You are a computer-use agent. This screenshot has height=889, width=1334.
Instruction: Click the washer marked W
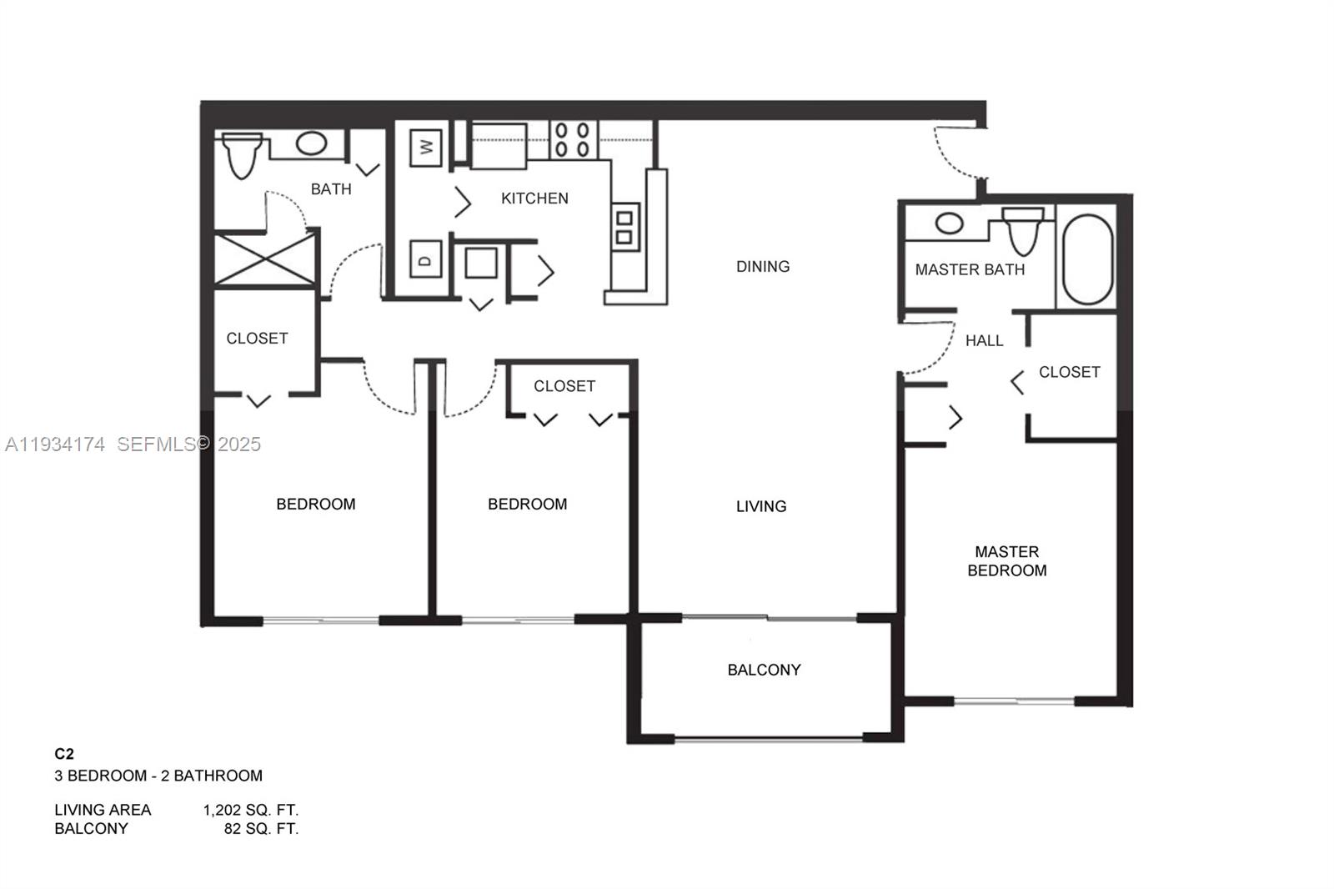point(426,148)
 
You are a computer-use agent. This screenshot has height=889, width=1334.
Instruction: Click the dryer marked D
point(426,260)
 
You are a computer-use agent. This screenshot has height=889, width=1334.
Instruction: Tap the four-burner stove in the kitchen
point(572,140)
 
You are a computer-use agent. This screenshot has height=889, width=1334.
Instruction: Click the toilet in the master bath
point(1023,231)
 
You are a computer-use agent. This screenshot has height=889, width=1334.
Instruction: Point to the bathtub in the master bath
point(1087,259)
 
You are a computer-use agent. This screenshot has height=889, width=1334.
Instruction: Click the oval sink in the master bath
point(949,223)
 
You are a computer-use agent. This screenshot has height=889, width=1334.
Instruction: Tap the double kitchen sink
point(624,227)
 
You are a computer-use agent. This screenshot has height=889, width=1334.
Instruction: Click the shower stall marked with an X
point(265,260)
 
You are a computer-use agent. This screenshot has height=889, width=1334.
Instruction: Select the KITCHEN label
point(534,198)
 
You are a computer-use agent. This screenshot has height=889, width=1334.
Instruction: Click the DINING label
point(762,267)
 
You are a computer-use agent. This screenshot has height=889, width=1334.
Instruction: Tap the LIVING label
point(760,506)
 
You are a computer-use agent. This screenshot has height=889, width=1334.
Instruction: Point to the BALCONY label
point(764,670)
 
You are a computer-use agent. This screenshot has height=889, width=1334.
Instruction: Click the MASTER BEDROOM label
point(1006,561)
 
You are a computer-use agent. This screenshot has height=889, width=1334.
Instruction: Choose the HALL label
point(984,340)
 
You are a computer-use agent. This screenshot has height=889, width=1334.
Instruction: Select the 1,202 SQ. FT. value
point(250,810)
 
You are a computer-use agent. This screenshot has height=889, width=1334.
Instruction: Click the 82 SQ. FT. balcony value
point(261,829)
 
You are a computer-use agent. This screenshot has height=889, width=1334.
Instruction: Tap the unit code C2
point(64,754)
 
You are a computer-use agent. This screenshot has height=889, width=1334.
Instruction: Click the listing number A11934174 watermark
point(55,444)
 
